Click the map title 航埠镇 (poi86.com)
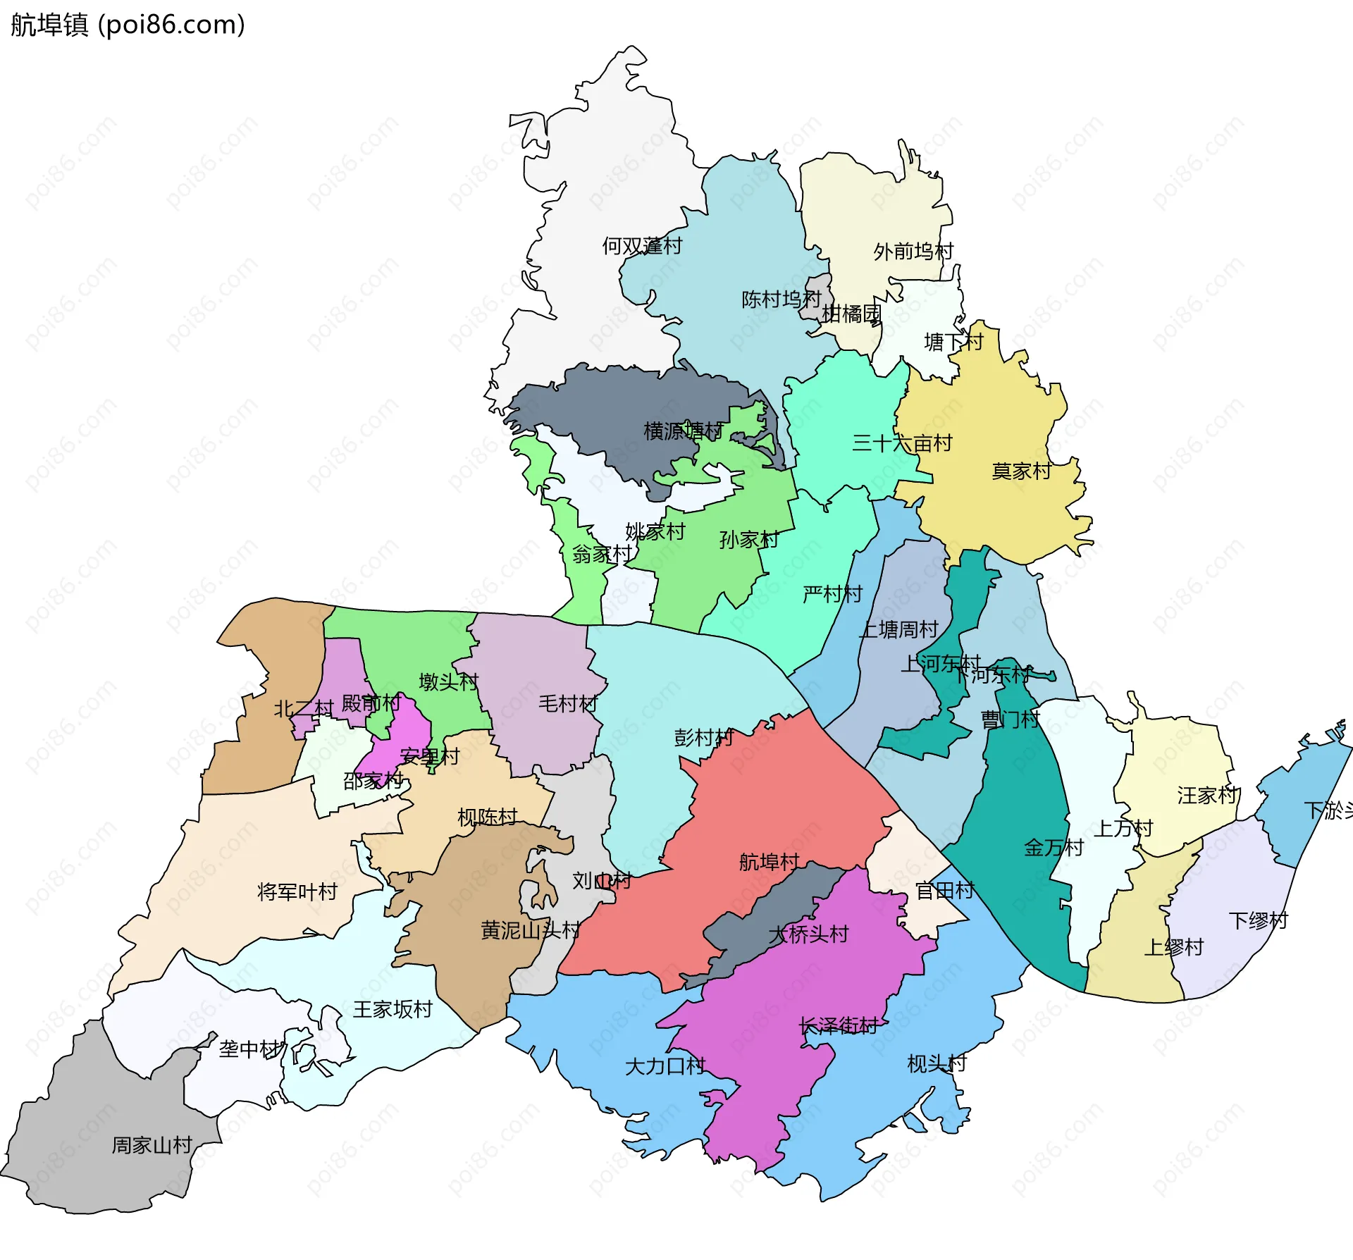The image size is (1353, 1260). coord(128,25)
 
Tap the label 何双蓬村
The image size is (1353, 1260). coord(641,246)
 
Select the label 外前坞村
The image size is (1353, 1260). coord(913,252)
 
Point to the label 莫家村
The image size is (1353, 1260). coord(1021,471)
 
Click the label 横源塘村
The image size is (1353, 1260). coord(683,431)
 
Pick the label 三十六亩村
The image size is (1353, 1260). coord(901,443)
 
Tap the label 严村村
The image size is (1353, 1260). coord(832,595)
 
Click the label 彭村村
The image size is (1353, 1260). coord(703,738)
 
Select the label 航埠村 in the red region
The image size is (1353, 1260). coord(769,862)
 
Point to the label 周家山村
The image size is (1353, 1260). coord(152,1145)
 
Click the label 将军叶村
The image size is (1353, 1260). coord(297,892)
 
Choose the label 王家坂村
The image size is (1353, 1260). coord(392,1010)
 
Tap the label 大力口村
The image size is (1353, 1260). coord(665,1066)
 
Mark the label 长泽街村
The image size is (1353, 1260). coord(838,1026)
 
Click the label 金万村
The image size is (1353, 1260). coord(1053,848)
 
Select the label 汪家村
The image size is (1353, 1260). coord(1206,796)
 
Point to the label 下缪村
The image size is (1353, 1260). coord(1258,921)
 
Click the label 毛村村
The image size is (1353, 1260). coord(567,703)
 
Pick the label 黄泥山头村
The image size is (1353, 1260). coord(530,931)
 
